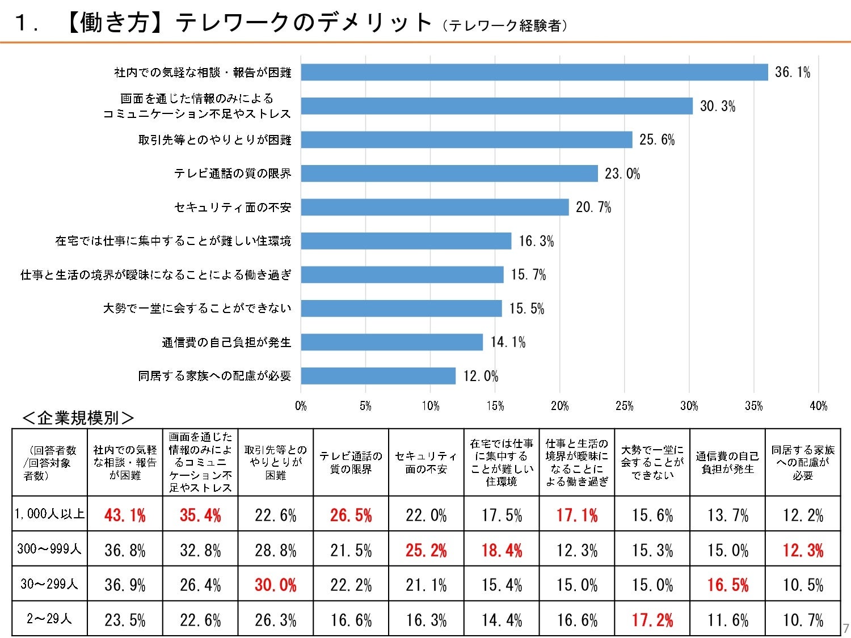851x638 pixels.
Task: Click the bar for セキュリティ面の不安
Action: coord(435,207)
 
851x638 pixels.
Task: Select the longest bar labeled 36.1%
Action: coord(534,72)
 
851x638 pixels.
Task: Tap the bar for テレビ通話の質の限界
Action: coord(449,174)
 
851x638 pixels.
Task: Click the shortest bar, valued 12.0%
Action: coord(378,376)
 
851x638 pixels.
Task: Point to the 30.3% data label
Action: coord(717,106)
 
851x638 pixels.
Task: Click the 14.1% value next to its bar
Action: coord(508,342)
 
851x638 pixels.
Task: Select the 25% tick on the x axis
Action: coord(625,406)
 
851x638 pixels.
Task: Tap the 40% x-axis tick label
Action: coord(818,406)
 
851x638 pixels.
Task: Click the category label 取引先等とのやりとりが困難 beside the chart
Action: coord(214,140)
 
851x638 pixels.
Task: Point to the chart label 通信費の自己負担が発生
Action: coord(226,342)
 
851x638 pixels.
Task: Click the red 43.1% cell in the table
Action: coord(125,515)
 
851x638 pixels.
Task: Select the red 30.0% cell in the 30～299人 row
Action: coord(275,585)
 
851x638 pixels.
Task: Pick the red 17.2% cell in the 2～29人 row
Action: coord(652,620)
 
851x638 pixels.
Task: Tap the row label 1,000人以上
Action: coord(49,514)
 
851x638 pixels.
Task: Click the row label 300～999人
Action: coord(49,548)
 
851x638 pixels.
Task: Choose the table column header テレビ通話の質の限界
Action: coord(351,463)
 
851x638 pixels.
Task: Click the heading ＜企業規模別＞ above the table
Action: coord(78,418)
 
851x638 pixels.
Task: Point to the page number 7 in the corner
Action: coord(846,628)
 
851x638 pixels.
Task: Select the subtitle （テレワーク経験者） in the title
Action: coord(504,26)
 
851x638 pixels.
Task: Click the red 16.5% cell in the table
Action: coord(727,585)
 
